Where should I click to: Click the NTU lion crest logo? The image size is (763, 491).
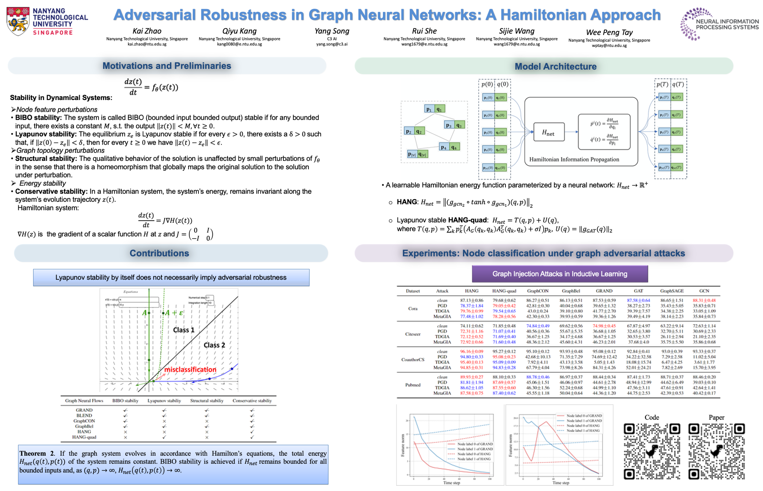[18, 21]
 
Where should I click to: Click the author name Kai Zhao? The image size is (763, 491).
[147, 31]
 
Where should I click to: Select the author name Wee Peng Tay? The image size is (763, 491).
[609, 33]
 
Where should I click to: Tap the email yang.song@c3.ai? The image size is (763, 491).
[332, 44]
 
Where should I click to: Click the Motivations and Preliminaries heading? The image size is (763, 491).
[167, 66]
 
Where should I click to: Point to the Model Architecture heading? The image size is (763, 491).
[555, 66]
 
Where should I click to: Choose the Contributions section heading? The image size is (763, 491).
[159, 253]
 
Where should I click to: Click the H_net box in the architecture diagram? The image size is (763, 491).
[548, 133]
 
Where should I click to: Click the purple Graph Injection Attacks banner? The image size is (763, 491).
[560, 274]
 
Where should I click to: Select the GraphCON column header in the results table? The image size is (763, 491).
[538, 291]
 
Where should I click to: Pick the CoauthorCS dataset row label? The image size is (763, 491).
[413, 360]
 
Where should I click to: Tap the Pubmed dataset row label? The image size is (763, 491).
[413, 385]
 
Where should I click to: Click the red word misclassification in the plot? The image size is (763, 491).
[190, 370]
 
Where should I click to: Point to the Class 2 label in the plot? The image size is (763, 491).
[214, 345]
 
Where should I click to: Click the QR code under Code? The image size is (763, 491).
[652, 451]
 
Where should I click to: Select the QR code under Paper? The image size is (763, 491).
[716, 451]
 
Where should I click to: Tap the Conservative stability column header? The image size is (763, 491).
[252, 401]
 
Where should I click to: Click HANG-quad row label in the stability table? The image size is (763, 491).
[84, 437]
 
